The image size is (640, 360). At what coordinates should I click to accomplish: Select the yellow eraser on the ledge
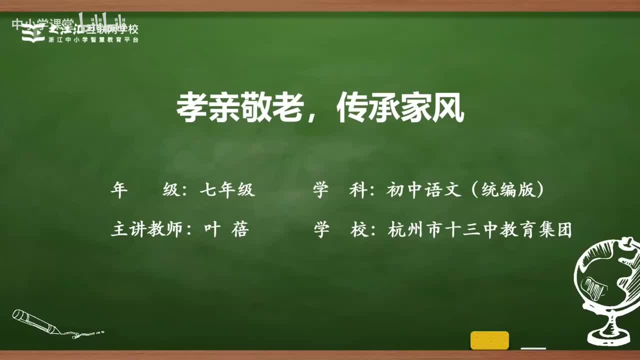tap(489, 340)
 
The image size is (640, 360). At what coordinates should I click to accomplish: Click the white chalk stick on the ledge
tap(533, 348)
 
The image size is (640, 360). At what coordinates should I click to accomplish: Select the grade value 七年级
tap(227, 190)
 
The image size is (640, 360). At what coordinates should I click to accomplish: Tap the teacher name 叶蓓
tap(226, 230)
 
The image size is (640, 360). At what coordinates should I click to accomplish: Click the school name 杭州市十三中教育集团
tap(479, 230)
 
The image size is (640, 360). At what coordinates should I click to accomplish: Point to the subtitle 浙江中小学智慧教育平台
tap(93, 40)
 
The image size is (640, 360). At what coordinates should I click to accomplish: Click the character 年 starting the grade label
tap(119, 190)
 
